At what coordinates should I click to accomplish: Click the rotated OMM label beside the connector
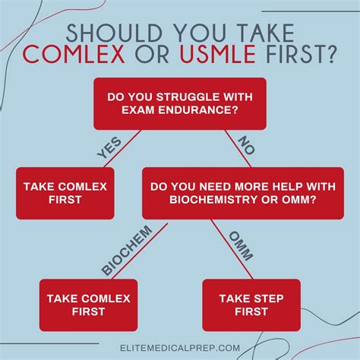239,245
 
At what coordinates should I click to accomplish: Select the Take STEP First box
251,304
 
